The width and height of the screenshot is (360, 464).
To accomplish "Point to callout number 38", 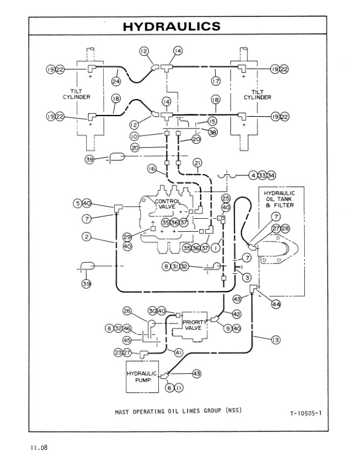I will tap(212, 133).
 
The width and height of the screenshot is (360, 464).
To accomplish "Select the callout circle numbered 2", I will tap(87, 236).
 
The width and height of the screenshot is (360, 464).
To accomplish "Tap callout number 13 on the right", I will tap(276, 338).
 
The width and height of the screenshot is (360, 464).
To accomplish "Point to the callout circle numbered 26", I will tap(127, 311).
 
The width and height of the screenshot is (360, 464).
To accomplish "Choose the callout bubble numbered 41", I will tap(179, 352).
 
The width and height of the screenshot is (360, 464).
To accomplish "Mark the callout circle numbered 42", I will tap(237, 314).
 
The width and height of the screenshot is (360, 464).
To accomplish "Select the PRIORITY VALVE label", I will tap(193, 325).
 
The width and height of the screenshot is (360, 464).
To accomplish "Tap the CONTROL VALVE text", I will tap(168, 204).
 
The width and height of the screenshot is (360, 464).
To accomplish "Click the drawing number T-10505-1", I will tap(305, 414).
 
